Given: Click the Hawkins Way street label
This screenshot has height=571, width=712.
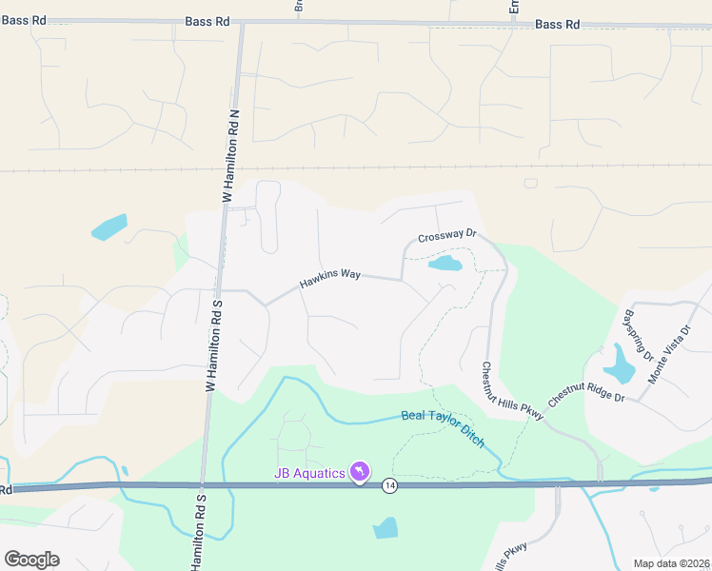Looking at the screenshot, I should pyautogui.click(x=330, y=277).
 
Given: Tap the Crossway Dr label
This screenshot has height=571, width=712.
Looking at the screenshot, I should pyautogui.click(x=445, y=238).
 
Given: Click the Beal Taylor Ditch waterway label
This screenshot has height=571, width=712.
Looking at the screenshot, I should pyautogui.click(x=444, y=428).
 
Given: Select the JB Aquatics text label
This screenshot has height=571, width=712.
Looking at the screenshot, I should pyautogui.click(x=309, y=473).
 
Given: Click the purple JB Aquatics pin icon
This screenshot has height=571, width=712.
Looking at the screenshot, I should pyautogui.click(x=360, y=472).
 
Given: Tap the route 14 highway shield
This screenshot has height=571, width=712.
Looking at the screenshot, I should pyautogui.click(x=390, y=485).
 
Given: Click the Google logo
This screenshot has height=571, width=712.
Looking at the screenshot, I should pyautogui.click(x=31, y=559).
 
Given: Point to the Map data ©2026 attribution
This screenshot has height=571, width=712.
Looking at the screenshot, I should pyautogui.click(x=658, y=562).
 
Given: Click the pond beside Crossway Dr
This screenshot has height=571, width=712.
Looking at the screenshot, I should pyautogui.click(x=445, y=263).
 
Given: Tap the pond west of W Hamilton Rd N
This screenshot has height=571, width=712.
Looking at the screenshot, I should pyautogui.click(x=109, y=227).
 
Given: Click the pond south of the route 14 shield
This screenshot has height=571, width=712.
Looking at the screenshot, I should pyautogui.click(x=386, y=528).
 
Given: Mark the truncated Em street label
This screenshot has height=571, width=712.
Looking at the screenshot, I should pyautogui.click(x=514, y=7).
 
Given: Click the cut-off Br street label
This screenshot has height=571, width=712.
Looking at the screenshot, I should pyautogui.click(x=298, y=6).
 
